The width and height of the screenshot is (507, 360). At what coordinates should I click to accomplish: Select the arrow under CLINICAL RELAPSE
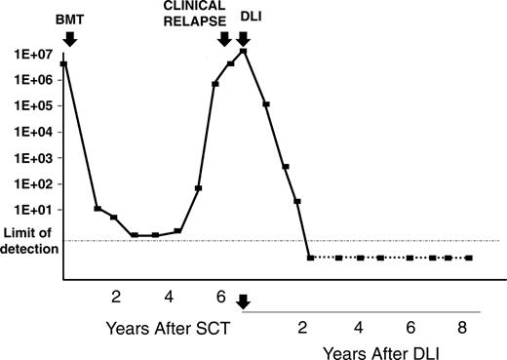[224, 38]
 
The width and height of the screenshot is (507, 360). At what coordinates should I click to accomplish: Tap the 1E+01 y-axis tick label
[30, 210]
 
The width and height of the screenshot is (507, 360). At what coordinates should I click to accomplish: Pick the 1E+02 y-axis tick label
[30, 183]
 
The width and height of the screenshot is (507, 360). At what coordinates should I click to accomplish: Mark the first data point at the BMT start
[63, 63]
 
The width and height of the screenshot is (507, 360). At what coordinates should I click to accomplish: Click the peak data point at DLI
[244, 51]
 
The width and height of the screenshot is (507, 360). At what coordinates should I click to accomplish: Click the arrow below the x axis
[243, 303]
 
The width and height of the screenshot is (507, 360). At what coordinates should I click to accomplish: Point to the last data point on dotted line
[469, 258]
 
